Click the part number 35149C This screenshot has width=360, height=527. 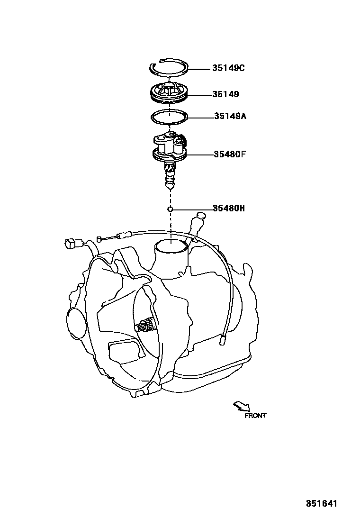coord(229,68)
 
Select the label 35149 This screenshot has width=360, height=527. coord(225,94)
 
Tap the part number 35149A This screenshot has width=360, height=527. coord(230,116)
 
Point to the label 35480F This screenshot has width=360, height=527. coord(230,154)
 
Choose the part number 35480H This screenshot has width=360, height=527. coord(229,208)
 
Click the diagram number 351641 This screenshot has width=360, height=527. coord(321,504)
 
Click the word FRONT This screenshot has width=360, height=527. coord(255,416)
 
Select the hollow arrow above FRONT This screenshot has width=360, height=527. coord(242,406)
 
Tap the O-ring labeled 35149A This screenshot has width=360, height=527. coord(170,116)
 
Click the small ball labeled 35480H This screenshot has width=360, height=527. coord(170,209)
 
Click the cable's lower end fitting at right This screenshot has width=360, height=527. coord(223,339)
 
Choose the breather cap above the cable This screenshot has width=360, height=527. coord(200,217)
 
